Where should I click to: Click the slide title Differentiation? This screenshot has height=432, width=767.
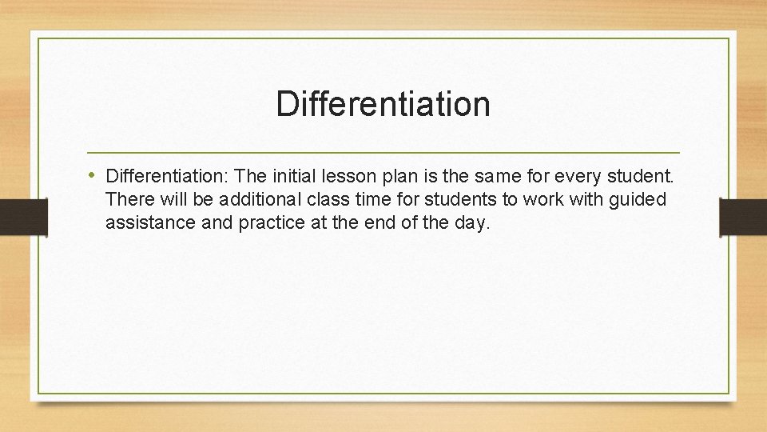(x=383, y=104)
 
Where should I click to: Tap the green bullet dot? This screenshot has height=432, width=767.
(x=93, y=174)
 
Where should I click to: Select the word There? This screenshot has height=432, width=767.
(x=128, y=199)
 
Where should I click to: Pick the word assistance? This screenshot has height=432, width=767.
(x=150, y=223)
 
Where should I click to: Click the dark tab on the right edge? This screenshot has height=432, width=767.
(x=744, y=217)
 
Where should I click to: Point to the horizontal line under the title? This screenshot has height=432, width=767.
(x=383, y=152)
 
